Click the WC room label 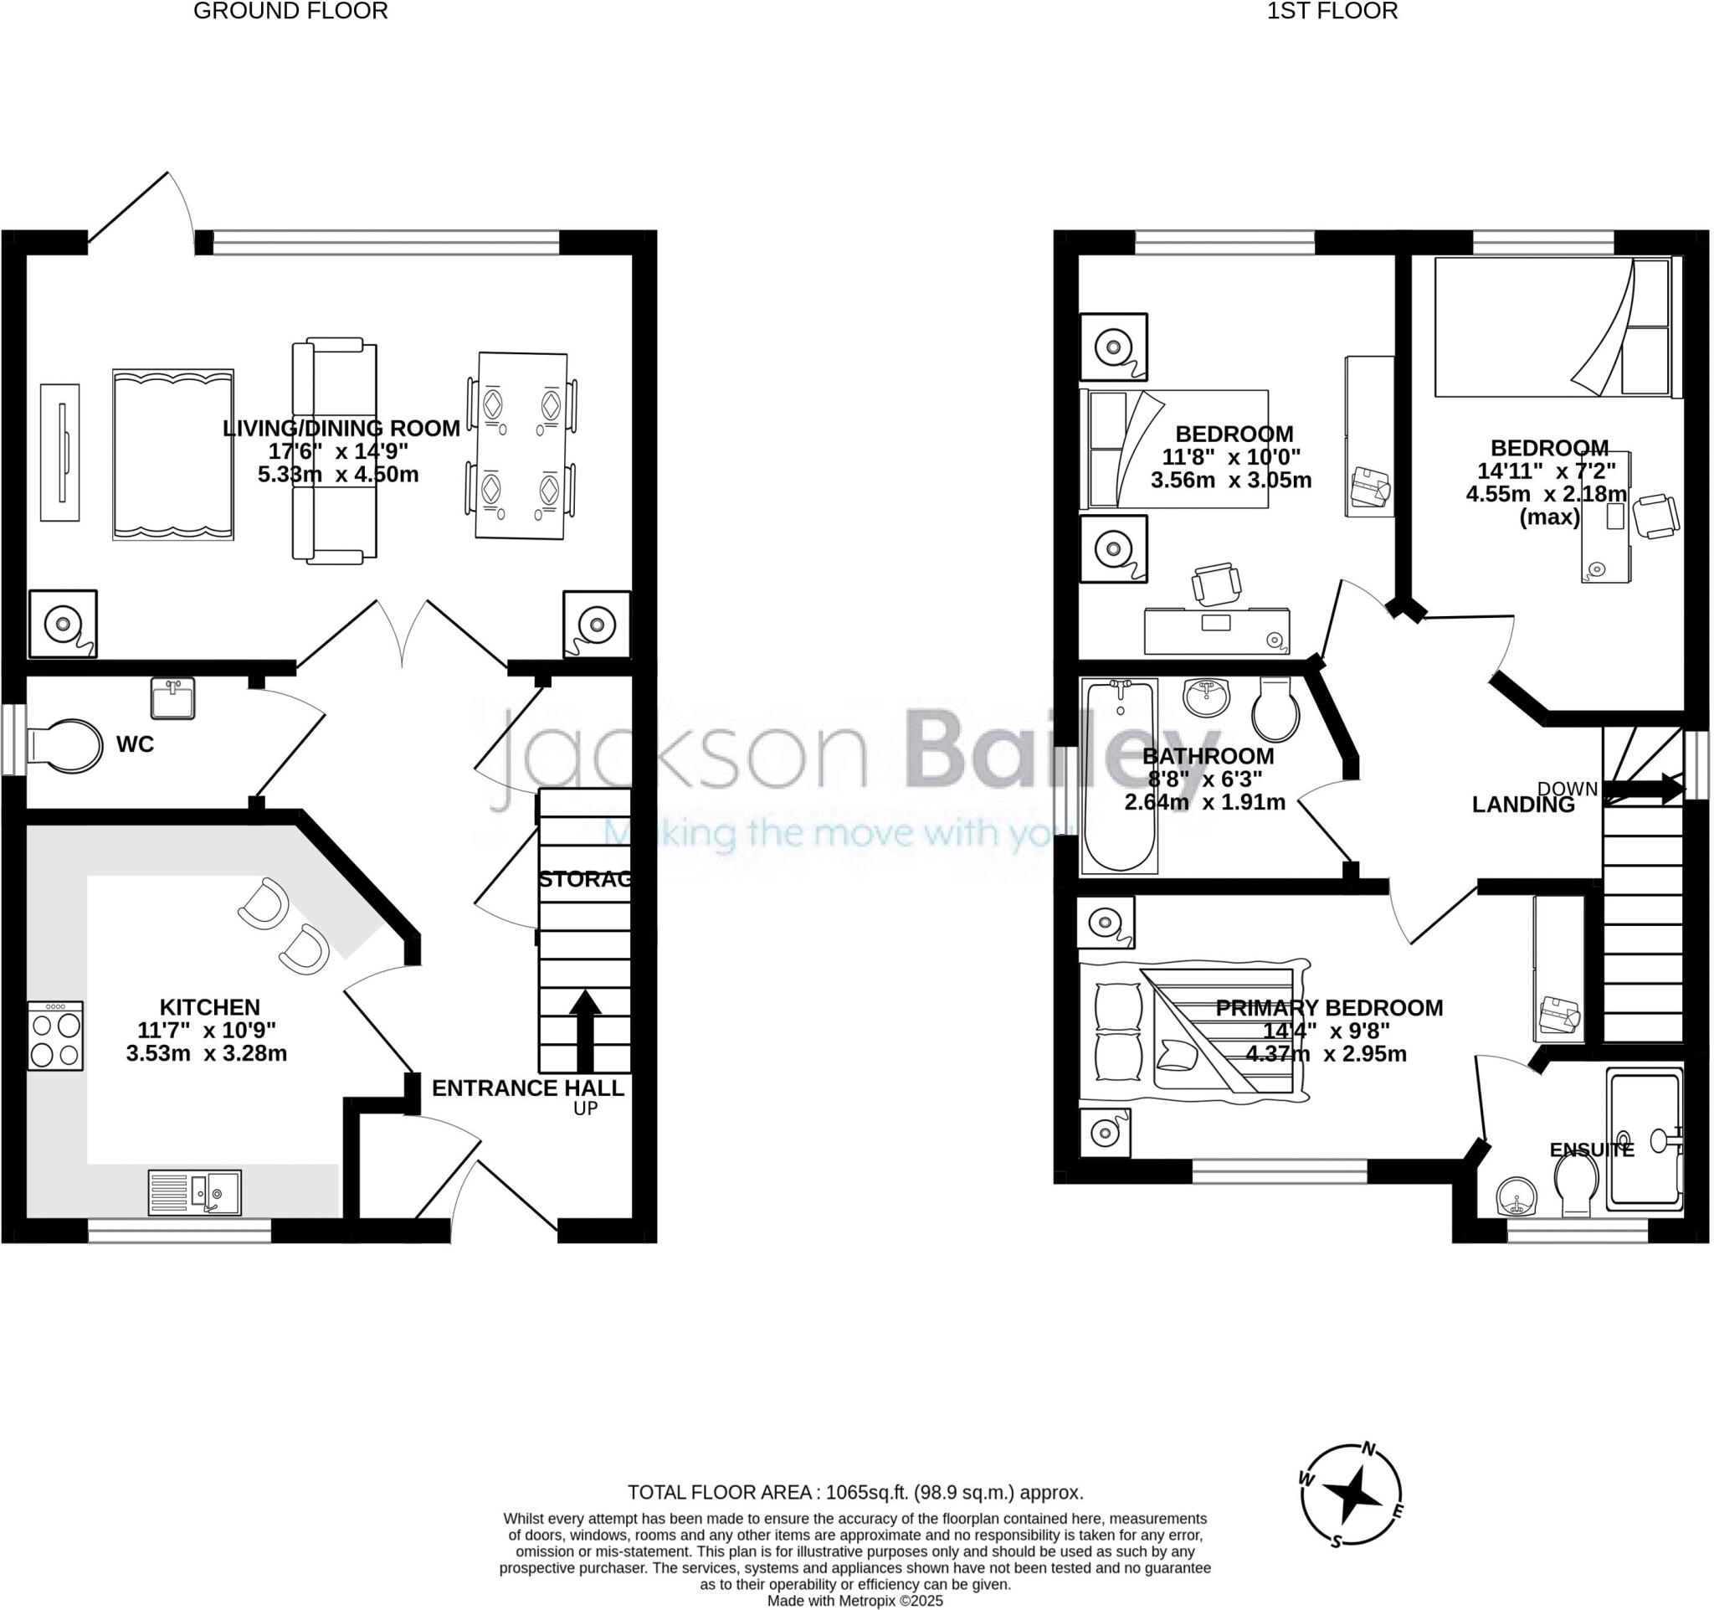[136, 744]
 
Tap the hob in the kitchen [55, 1036]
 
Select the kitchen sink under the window [195, 1192]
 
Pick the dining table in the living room [521, 447]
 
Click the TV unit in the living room [60, 453]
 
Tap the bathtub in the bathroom [1119, 775]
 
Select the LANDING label [1522, 805]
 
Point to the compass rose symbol [1351, 1495]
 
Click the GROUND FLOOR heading [290, 11]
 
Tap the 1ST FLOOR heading [1332, 11]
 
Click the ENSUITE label [1592, 1150]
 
